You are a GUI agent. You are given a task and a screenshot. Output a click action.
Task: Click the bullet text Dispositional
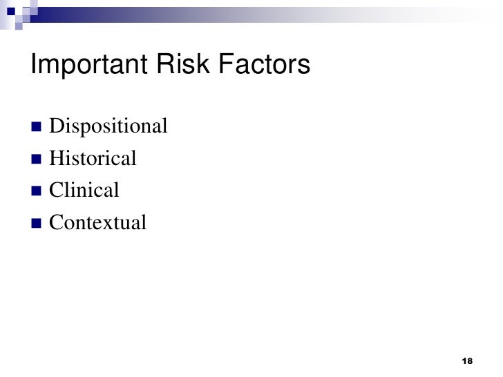(109, 127)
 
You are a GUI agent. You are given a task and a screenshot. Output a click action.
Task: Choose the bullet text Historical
(93, 159)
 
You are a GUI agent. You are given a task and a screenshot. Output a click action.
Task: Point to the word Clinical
(85, 190)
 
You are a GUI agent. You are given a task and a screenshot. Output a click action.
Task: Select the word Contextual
(98, 222)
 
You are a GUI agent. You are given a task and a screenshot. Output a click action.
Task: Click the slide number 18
(466, 362)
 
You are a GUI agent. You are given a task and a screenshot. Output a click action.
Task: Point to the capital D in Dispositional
(57, 127)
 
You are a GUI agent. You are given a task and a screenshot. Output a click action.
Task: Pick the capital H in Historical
(57, 159)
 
